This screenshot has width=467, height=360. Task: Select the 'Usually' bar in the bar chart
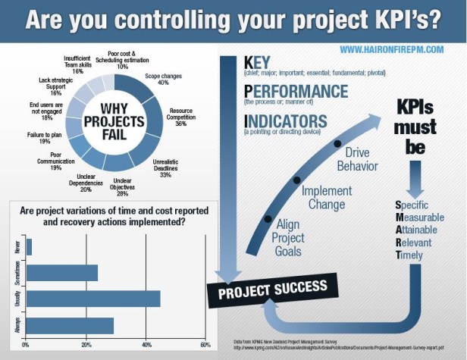coord(92,299)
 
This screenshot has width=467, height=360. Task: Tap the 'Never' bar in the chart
coord(29,247)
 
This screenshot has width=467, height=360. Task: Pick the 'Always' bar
coord(70,326)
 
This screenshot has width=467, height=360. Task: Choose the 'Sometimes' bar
coord(61,273)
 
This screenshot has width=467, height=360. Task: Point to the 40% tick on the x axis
coord(145,345)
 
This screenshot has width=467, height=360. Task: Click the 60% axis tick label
coord(204,345)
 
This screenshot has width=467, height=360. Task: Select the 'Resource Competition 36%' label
coord(181,118)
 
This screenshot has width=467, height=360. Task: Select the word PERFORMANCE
coord(296,91)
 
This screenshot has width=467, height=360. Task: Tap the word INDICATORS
coord(287,121)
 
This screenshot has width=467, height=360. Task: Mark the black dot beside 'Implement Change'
coord(298,180)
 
